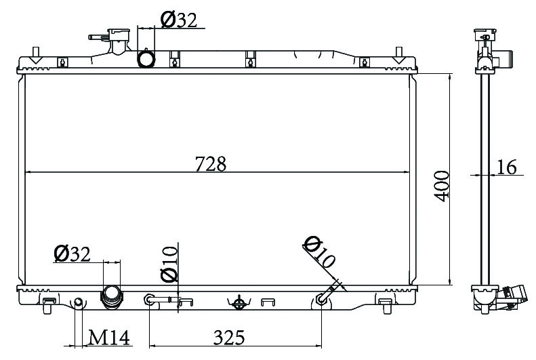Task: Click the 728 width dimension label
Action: point(211,164)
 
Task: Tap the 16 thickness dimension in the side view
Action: point(506,167)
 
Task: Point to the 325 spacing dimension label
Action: point(229,338)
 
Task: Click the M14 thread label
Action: point(109,338)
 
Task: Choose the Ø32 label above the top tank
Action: point(179,20)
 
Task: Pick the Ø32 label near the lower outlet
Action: point(72,254)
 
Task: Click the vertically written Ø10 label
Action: point(169,264)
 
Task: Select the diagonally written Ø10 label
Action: point(319,252)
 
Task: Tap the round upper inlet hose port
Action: point(146,58)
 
